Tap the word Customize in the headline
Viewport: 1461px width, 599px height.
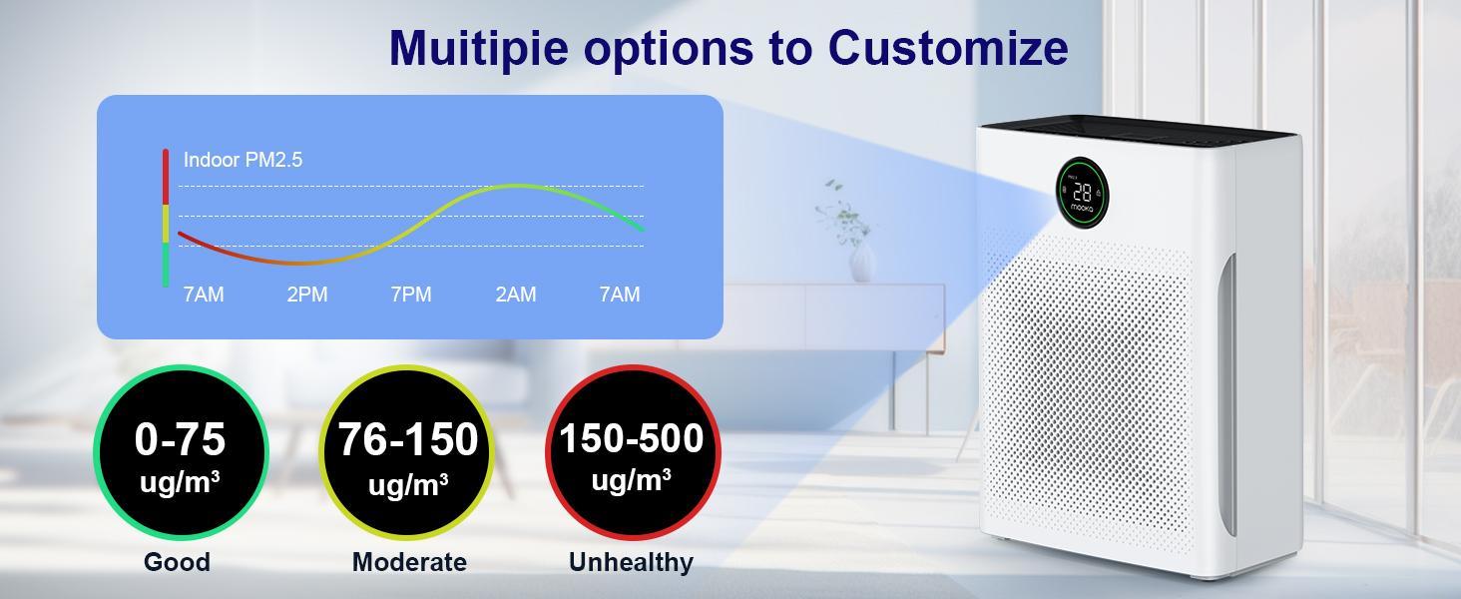[x=948, y=47]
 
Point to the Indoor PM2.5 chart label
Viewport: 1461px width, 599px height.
[x=243, y=160]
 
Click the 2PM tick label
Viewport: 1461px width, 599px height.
[x=307, y=295]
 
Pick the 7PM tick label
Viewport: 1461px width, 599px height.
[x=411, y=295]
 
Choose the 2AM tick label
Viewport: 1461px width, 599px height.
[x=516, y=295]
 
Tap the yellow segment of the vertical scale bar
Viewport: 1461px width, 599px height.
[x=166, y=224]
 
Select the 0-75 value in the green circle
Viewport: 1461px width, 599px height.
[x=181, y=439]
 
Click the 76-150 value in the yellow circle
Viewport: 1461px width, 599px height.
[x=408, y=439]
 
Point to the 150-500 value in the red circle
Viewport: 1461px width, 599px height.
[x=631, y=438]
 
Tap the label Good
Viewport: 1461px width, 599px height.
[x=177, y=562]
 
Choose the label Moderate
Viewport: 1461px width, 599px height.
[x=409, y=562]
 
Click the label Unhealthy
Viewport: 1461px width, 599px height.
[x=631, y=562]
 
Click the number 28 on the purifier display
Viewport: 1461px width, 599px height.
[x=1082, y=192]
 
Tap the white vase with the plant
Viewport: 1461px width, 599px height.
[x=861, y=262]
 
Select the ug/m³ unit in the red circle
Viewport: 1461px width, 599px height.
[x=631, y=480]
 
